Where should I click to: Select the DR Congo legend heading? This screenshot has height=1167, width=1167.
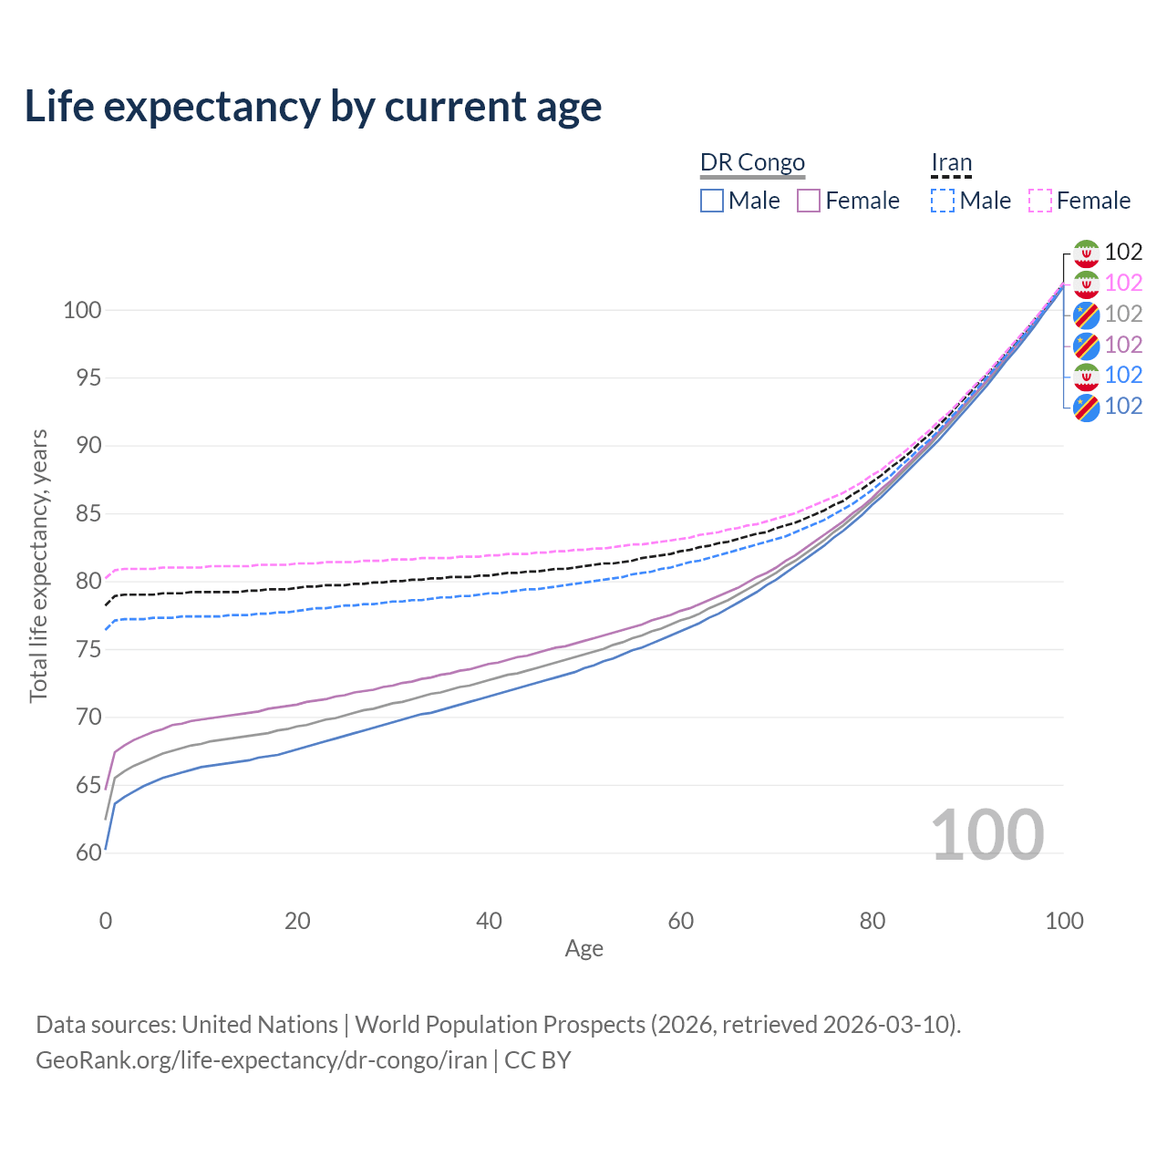click(752, 162)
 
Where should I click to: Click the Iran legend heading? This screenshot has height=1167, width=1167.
click(952, 162)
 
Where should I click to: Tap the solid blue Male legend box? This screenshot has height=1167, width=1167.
click(712, 201)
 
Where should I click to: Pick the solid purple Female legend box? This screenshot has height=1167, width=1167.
click(809, 201)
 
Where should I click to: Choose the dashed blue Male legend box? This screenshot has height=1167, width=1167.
click(943, 201)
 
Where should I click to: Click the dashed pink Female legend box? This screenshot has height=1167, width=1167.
click(1040, 201)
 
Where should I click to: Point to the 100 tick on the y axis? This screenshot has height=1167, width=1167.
click(82, 310)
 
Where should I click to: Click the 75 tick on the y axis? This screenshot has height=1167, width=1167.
click(88, 649)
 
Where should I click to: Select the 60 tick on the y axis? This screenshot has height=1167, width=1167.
click(88, 852)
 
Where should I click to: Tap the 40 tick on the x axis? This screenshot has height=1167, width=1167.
click(489, 921)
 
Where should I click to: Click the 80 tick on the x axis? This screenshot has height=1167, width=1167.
click(873, 921)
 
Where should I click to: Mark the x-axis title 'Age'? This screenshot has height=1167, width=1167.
click(584, 949)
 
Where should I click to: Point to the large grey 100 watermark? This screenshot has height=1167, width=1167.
click(987, 834)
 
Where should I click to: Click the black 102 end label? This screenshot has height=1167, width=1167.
click(1123, 253)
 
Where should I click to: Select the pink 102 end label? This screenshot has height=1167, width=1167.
click(1123, 284)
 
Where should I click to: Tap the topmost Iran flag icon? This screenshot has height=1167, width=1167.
click(1086, 253)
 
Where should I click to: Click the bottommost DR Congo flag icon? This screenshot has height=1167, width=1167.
click(1086, 407)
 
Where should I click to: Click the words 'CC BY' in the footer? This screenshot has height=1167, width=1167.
click(538, 1060)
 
